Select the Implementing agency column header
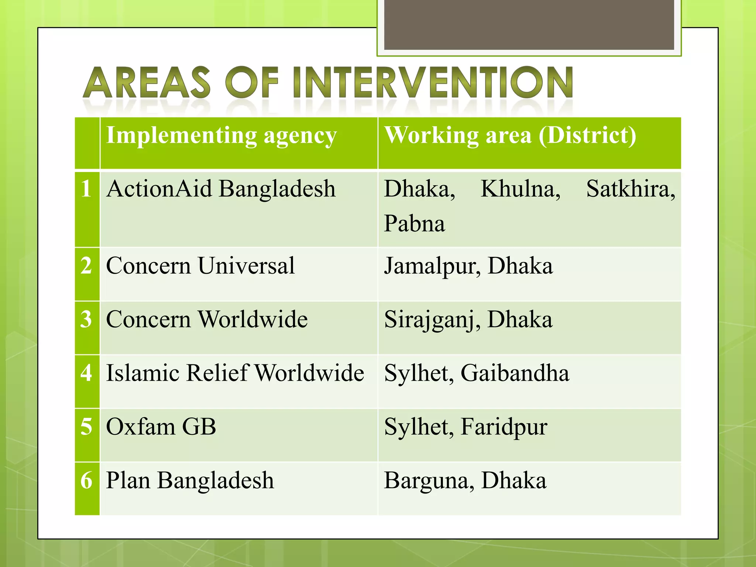coord(221,135)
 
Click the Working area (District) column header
coord(510,135)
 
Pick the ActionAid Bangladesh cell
coord(221,189)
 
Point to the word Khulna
coord(520,189)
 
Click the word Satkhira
coord(630,189)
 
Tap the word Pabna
coord(414,224)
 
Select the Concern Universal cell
coord(200,266)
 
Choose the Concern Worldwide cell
coord(207,319)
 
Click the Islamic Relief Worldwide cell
coord(235,373)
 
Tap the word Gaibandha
coord(515,373)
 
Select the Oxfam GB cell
coord(161,427)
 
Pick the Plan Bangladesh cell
coord(190,480)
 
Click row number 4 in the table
coord(87,373)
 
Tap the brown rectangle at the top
coord(529,24)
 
